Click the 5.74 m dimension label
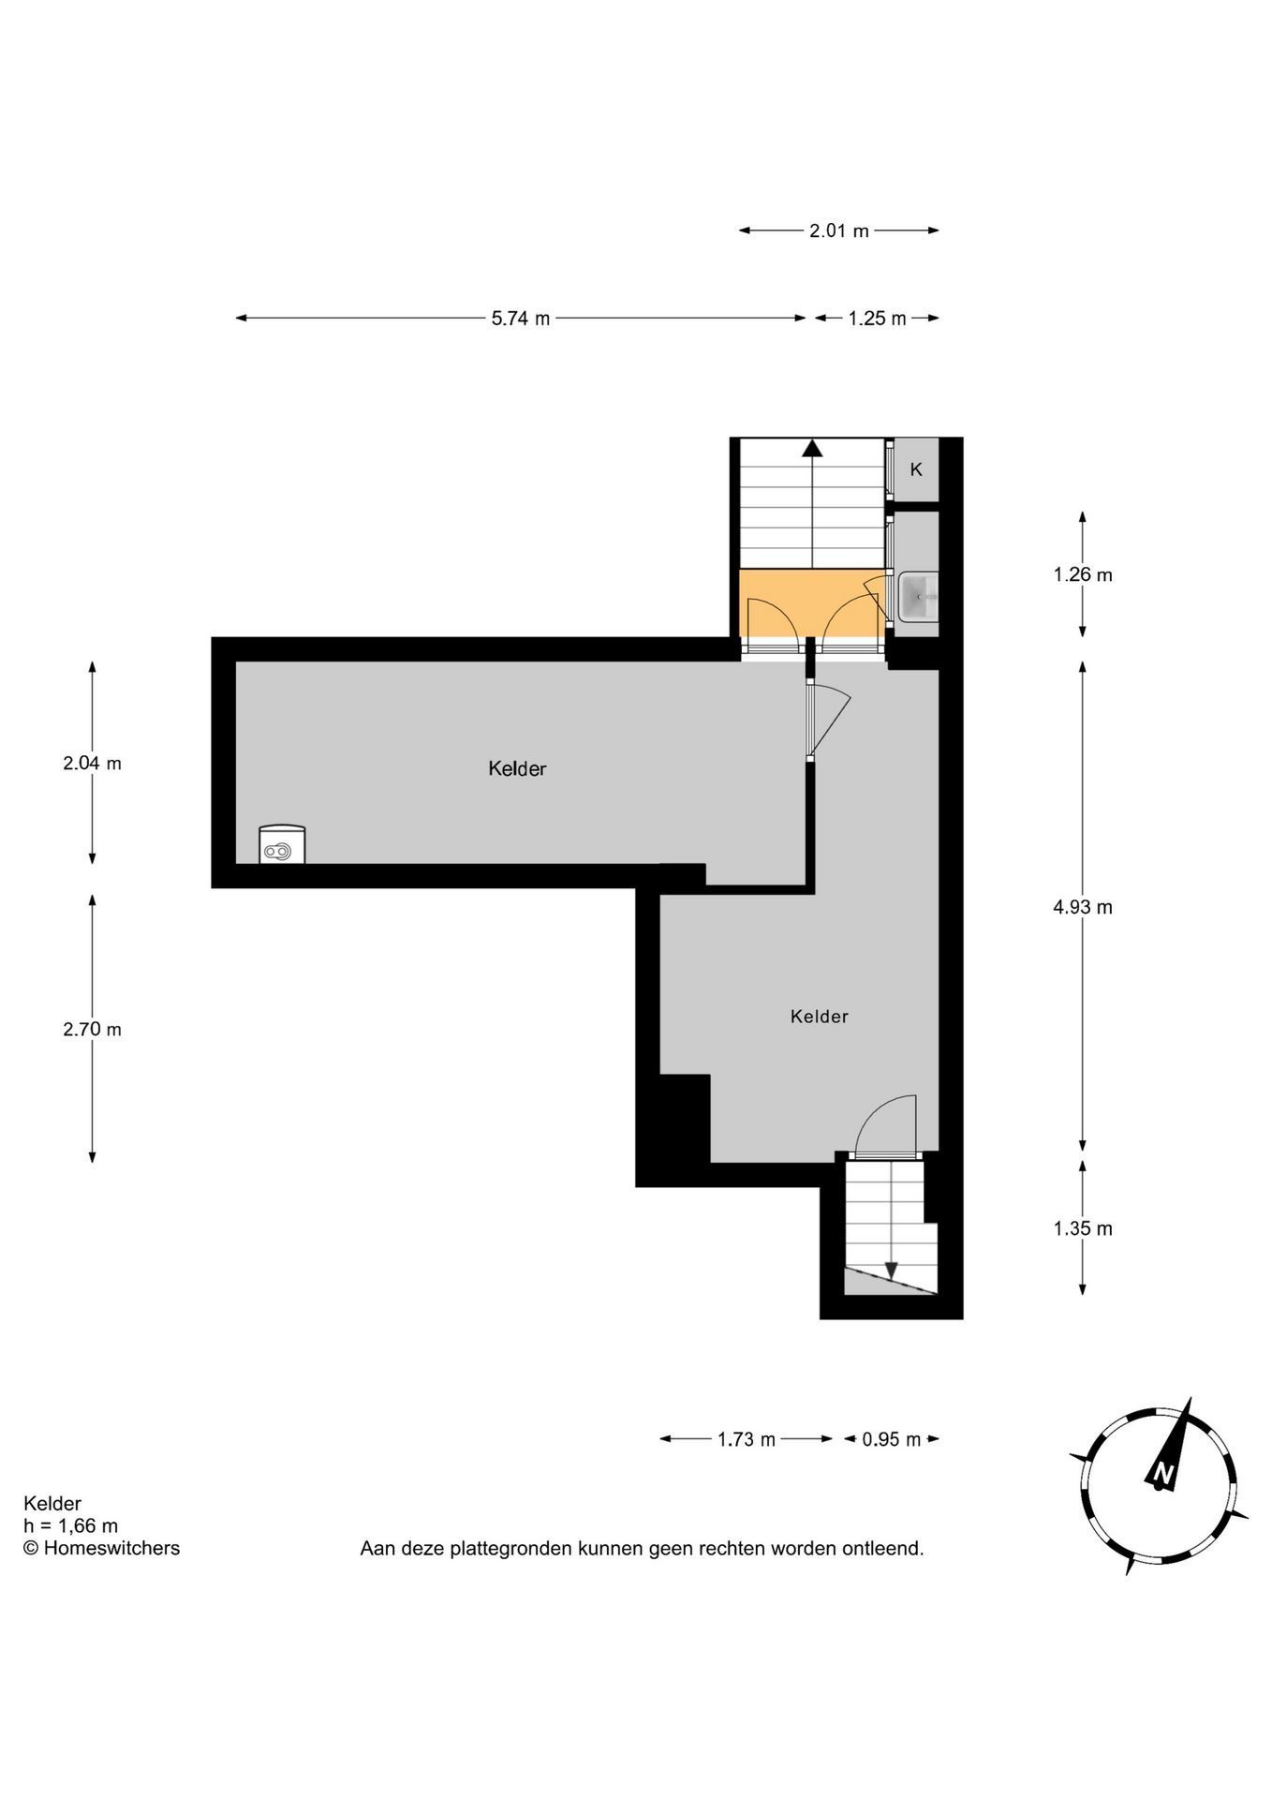pyautogui.click(x=521, y=319)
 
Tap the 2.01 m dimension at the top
pyautogui.click(x=839, y=230)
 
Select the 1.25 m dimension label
pyautogui.click(x=878, y=319)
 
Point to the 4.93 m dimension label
pyautogui.click(x=1083, y=907)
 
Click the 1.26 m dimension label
pyautogui.click(x=1083, y=574)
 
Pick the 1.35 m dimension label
pyautogui.click(x=1083, y=1228)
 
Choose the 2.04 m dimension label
pyautogui.click(x=92, y=763)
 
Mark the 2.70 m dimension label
pyautogui.click(x=92, y=1029)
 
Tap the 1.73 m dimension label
pyautogui.click(x=747, y=1439)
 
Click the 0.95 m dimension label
pyautogui.click(x=892, y=1439)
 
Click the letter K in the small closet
pyautogui.click(x=916, y=469)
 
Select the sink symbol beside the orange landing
pyautogui.click(x=918, y=596)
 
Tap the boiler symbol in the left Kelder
pyautogui.click(x=282, y=843)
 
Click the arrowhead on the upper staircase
pyautogui.click(x=812, y=448)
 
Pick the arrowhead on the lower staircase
pyautogui.click(x=891, y=1270)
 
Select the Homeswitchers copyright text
pyautogui.click(x=101, y=1549)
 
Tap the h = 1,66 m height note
pyautogui.click(x=70, y=1526)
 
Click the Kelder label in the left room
pyautogui.click(x=517, y=768)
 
